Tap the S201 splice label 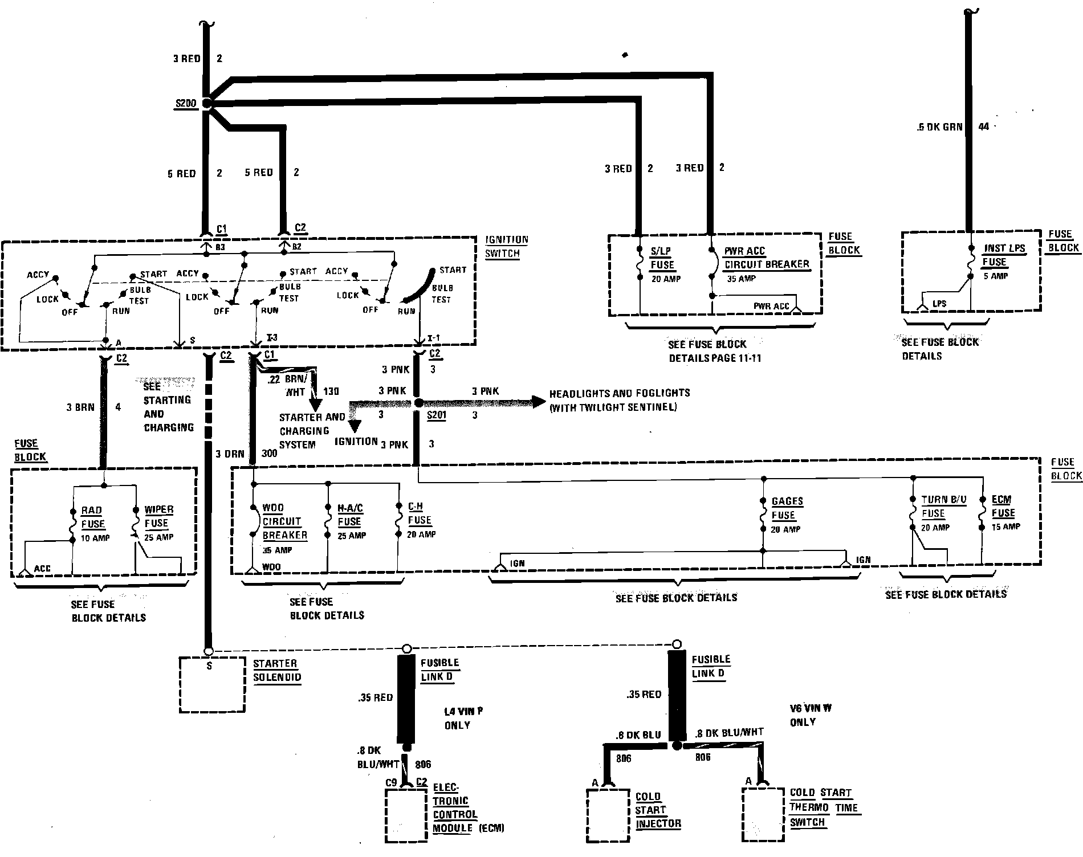[437, 415]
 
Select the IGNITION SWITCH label [506, 247]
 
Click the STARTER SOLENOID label [277, 671]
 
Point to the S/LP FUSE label [662, 258]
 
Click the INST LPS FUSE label [1004, 255]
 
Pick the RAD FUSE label [92, 517]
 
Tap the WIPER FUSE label [158, 516]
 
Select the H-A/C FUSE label [350, 515]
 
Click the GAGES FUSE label [787, 508]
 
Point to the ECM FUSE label [1003, 506]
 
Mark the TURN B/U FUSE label [943, 507]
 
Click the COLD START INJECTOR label [658, 810]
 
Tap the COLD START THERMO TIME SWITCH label [823, 807]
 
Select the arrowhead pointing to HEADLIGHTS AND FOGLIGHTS [538, 402]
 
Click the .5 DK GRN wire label [939, 127]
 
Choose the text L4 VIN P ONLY [463, 718]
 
